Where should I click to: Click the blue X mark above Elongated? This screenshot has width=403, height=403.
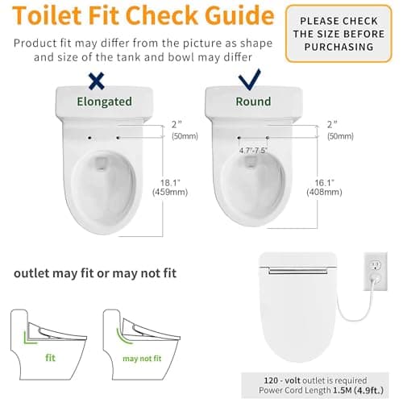pos(97,81)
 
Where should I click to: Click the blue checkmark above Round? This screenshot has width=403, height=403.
pos(249,80)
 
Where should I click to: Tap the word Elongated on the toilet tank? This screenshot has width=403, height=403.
pos(104,102)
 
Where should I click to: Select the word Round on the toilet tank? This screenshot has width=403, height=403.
pos(253,102)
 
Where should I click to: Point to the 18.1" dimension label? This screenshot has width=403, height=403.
pos(170,183)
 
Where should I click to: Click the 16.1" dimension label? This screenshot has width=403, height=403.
pos(324,183)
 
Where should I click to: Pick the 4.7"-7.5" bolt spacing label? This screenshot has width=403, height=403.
pos(253,151)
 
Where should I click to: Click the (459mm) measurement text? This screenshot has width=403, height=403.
pos(170,192)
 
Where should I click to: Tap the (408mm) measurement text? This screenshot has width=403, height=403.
pos(324,192)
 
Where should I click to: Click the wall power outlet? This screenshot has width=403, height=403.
pos(376,272)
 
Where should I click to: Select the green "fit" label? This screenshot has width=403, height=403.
pos(50,358)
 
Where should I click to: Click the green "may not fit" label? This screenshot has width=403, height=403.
pos(142,359)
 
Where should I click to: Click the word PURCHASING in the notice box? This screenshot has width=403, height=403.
pos(339,47)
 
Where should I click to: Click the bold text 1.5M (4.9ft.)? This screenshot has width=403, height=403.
pos(358,390)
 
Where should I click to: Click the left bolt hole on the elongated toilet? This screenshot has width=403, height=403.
pos(89,138)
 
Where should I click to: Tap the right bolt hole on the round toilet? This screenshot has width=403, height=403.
pos(268,138)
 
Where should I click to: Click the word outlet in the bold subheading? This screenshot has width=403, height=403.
pos(31,273)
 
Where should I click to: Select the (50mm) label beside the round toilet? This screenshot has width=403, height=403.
pos(340,136)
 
